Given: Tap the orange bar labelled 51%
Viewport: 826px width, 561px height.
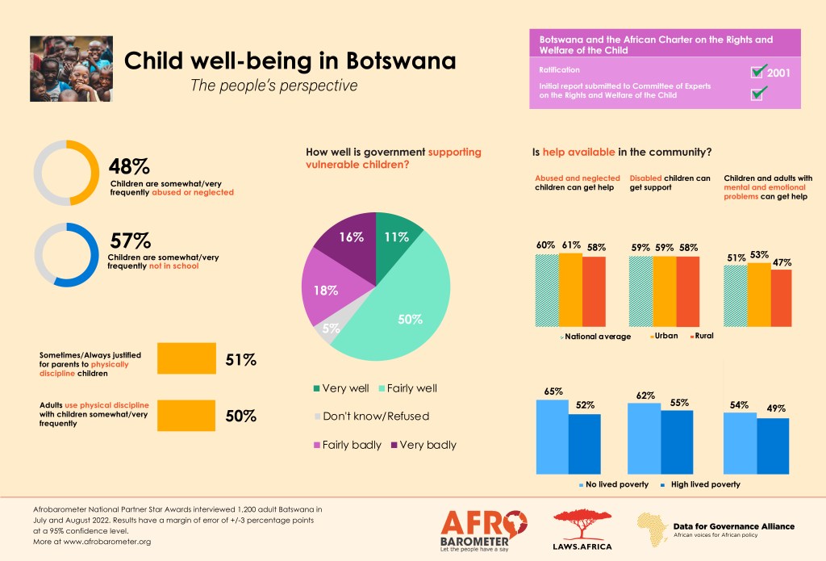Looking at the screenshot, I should (186, 359).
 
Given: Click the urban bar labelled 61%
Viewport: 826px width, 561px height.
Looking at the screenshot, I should (570, 289).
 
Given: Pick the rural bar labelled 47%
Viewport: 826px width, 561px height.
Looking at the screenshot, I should (782, 298).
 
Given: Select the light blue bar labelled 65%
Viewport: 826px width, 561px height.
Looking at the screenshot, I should (553, 436).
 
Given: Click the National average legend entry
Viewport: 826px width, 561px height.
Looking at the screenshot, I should (596, 336).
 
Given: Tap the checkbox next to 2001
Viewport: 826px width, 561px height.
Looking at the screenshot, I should (757, 72).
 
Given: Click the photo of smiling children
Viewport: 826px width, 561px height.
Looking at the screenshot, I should (71, 69).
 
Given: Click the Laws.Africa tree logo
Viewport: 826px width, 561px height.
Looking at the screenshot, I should (582, 529).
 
